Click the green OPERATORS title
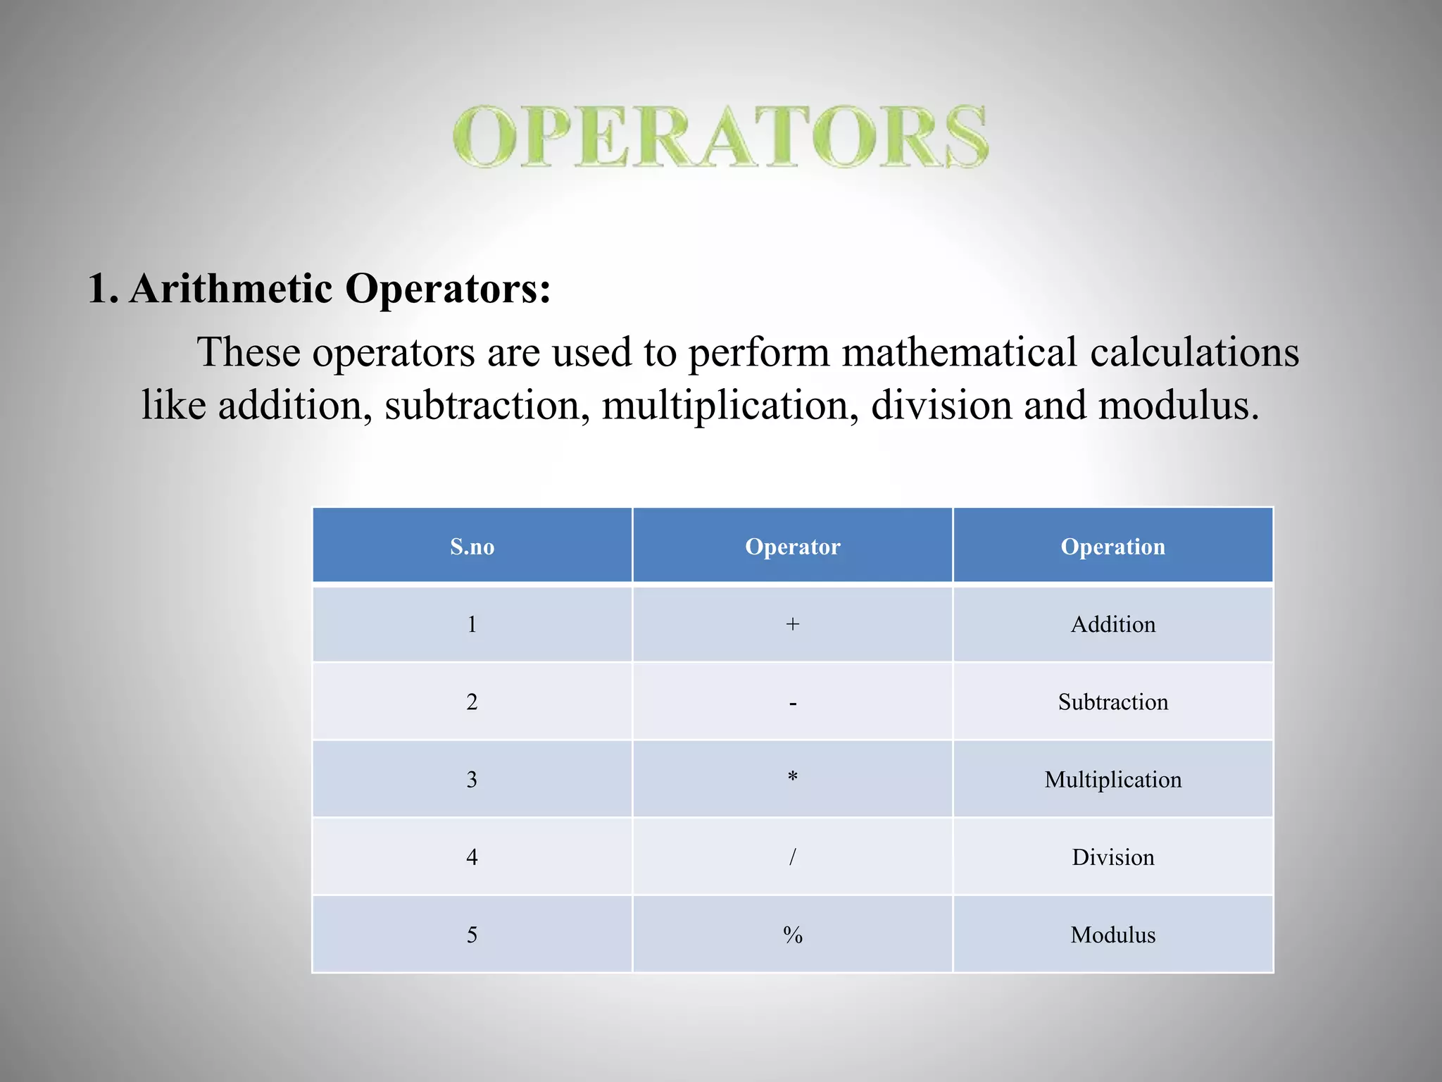pos(720,137)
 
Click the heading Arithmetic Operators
pos(319,289)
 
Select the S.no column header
pos(472,547)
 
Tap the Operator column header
pos(792,547)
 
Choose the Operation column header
pos(1112,547)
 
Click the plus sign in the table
pos(792,624)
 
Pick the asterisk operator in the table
pos(792,778)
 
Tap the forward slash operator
pos(792,857)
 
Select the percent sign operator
pos(792,935)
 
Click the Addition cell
pos(1112,624)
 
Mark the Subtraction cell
pos(1112,702)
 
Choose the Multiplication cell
pos(1112,779)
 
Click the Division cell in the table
pos(1112,857)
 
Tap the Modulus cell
pos(1112,935)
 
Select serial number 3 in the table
pos(472,779)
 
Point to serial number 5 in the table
pos(472,935)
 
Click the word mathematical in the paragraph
pos(959,352)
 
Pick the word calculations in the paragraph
pos(1194,352)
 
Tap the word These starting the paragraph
pos(249,352)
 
